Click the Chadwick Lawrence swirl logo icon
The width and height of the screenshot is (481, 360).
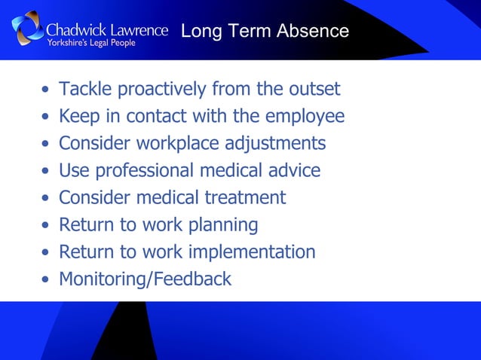pos(28,29)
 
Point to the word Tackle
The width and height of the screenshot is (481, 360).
pos(82,90)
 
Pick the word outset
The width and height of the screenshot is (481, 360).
pos(313,90)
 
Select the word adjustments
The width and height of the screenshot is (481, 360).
pos(280,144)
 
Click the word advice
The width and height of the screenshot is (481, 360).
pos(296,171)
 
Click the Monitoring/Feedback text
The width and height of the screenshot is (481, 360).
pos(145,279)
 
